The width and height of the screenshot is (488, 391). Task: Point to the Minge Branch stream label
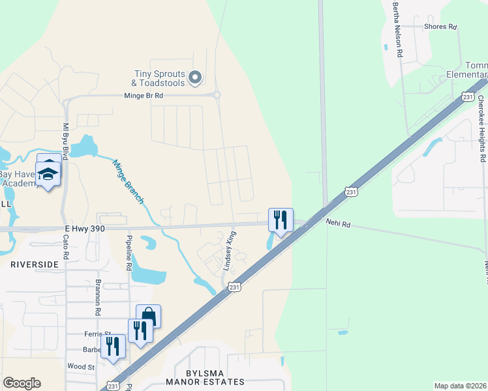[127, 182]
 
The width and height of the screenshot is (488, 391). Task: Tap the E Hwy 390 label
[84, 227]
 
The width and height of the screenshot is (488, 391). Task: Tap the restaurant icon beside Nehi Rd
[281, 220]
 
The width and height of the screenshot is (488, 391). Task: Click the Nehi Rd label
[338, 224]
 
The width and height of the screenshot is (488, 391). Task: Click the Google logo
[22, 383]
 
